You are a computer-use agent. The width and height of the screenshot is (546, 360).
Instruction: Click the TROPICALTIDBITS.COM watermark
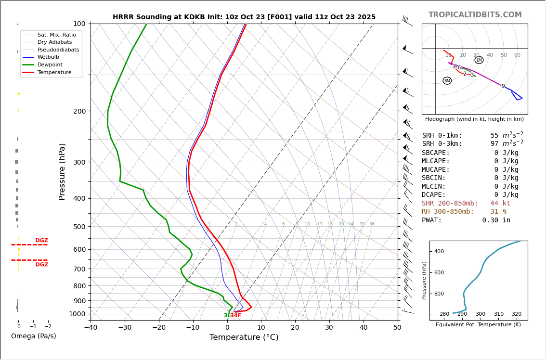pos(475,15)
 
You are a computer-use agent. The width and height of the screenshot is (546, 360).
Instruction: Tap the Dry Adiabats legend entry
pos(54,42)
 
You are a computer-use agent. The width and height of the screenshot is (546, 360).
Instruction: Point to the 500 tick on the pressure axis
pos(79,227)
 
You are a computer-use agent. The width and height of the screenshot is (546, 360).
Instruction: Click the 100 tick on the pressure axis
pos(79,24)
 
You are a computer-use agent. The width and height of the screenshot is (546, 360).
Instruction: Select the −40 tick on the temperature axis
pos(91,328)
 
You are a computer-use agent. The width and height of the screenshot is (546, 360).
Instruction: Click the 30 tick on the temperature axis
pos(329,328)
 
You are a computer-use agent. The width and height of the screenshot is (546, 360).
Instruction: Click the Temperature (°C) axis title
pos(244,337)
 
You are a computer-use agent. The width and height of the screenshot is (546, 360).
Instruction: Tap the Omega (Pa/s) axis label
pos(33,336)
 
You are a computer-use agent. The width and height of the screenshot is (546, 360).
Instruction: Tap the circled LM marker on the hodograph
pos(479,60)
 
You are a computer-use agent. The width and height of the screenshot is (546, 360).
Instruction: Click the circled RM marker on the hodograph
pos(447,81)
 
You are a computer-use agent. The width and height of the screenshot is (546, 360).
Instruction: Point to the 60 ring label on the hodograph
pos(517,55)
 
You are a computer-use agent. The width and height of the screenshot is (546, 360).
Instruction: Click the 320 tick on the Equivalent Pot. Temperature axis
pos(516,314)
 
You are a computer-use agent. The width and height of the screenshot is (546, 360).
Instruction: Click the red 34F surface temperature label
pos(236,316)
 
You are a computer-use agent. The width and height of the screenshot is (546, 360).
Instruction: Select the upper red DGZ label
pos(41,241)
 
